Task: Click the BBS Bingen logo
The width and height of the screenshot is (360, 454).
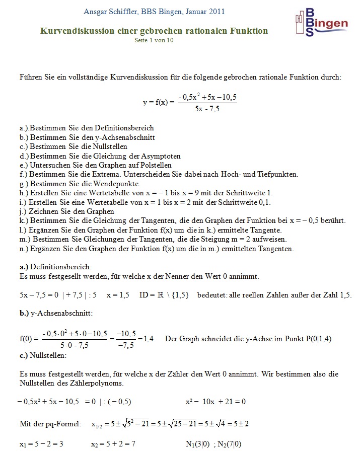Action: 321,23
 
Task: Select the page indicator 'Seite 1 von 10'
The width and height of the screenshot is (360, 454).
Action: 154,40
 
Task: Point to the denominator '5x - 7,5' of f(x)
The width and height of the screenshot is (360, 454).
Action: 207,109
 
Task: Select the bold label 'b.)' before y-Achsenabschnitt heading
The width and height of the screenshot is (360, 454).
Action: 24,313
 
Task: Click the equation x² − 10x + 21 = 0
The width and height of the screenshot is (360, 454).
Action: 215,402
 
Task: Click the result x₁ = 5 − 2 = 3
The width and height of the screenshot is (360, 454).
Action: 41,444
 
